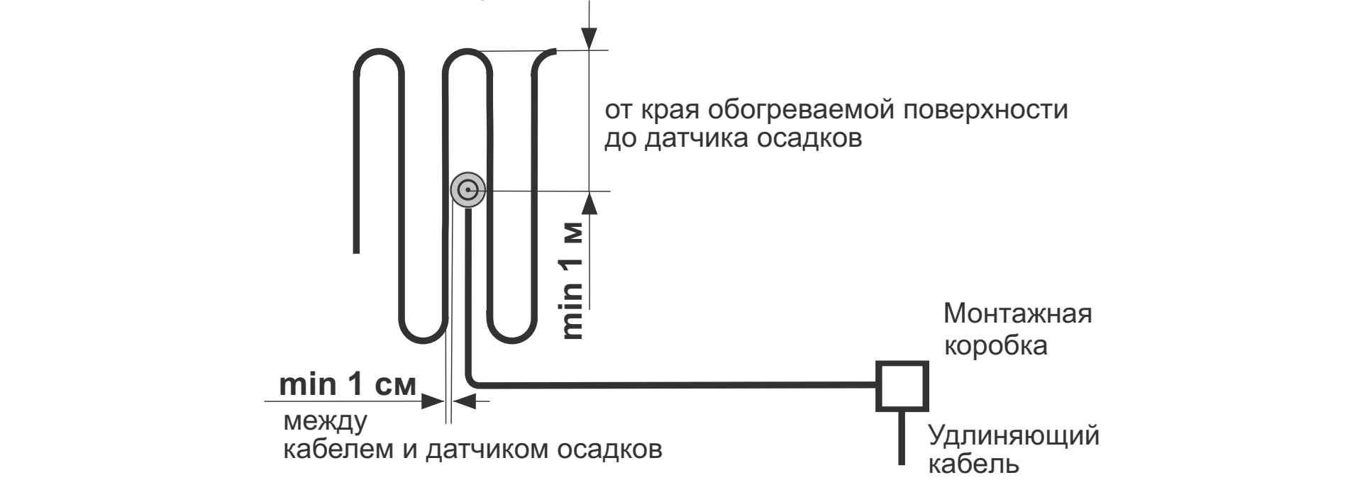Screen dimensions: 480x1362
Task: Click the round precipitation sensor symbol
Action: click(x=467, y=190)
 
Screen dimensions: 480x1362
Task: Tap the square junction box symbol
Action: click(x=902, y=386)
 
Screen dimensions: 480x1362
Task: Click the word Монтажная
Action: click(x=1017, y=313)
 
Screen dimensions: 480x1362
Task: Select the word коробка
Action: click(x=995, y=346)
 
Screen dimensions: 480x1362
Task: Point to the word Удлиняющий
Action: click(x=1014, y=435)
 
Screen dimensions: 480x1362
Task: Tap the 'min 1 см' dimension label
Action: click(x=347, y=384)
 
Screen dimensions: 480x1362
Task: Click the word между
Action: click(x=325, y=422)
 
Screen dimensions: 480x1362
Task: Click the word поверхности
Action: click(x=986, y=111)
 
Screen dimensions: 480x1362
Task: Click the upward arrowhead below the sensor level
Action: click(x=589, y=203)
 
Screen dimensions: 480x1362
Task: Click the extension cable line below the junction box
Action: click(x=902, y=437)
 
